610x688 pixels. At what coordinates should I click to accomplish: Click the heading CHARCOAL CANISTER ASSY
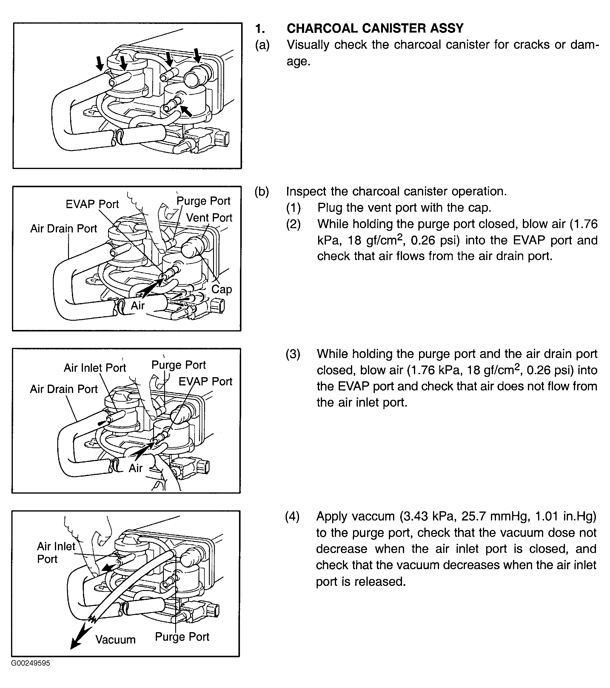pyautogui.click(x=375, y=29)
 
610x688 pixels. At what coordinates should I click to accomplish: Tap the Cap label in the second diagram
pyautogui.click(x=221, y=289)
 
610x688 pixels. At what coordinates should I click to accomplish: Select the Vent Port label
pyautogui.click(x=209, y=218)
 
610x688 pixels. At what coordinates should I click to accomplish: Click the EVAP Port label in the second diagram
pyautogui.click(x=92, y=204)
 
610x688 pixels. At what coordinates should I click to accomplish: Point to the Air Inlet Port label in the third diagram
pyautogui.click(x=95, y=368)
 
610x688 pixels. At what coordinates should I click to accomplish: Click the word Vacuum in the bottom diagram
pyautogui.click(x=115, y=640)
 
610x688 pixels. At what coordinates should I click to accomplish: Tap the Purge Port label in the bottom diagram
pyautogui.click(x=182, y=637)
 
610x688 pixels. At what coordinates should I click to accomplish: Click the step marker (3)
pyautogui.click(x=293, y=354)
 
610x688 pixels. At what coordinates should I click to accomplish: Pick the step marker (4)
pyautogui.click(x=292, y=516)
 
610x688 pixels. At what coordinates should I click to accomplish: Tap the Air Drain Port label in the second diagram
pyautogui.click(x=64, y=228)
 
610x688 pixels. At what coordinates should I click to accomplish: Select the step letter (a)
pyautogui.click(x=262, y=45)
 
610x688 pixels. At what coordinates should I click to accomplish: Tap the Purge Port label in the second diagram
pyautogui.click(x=203, y=201)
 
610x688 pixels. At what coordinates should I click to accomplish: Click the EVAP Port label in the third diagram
pyautogui.click(x=205, y=381)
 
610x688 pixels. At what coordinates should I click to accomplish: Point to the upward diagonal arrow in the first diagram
pyautogui.click(x=186, y=111)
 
